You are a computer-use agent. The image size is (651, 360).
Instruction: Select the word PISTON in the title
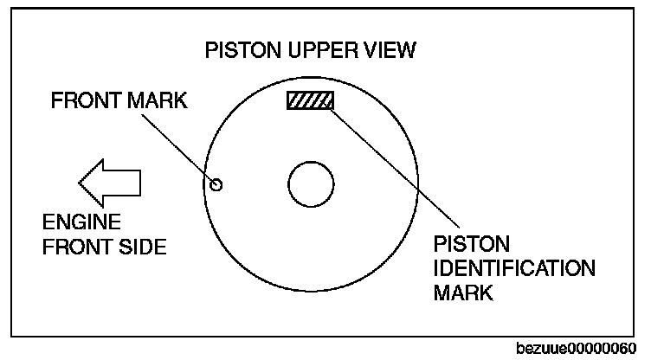(236, 50)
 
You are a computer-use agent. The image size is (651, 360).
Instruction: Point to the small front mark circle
(216, 183)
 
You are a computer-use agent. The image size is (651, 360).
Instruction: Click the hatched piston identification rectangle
(310, 100)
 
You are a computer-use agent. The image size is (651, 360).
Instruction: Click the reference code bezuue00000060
(581, 348)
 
